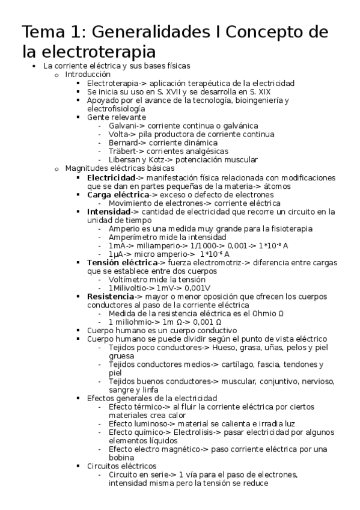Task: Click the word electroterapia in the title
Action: coord(99,51)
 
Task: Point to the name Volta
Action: coord(118,134)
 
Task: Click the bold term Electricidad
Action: coord(111,178)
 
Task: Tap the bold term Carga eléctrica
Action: coord(118,195)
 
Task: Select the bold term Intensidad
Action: coord(108,212)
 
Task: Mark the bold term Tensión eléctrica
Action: coord(122,263)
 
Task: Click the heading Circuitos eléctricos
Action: coord(122,466)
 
